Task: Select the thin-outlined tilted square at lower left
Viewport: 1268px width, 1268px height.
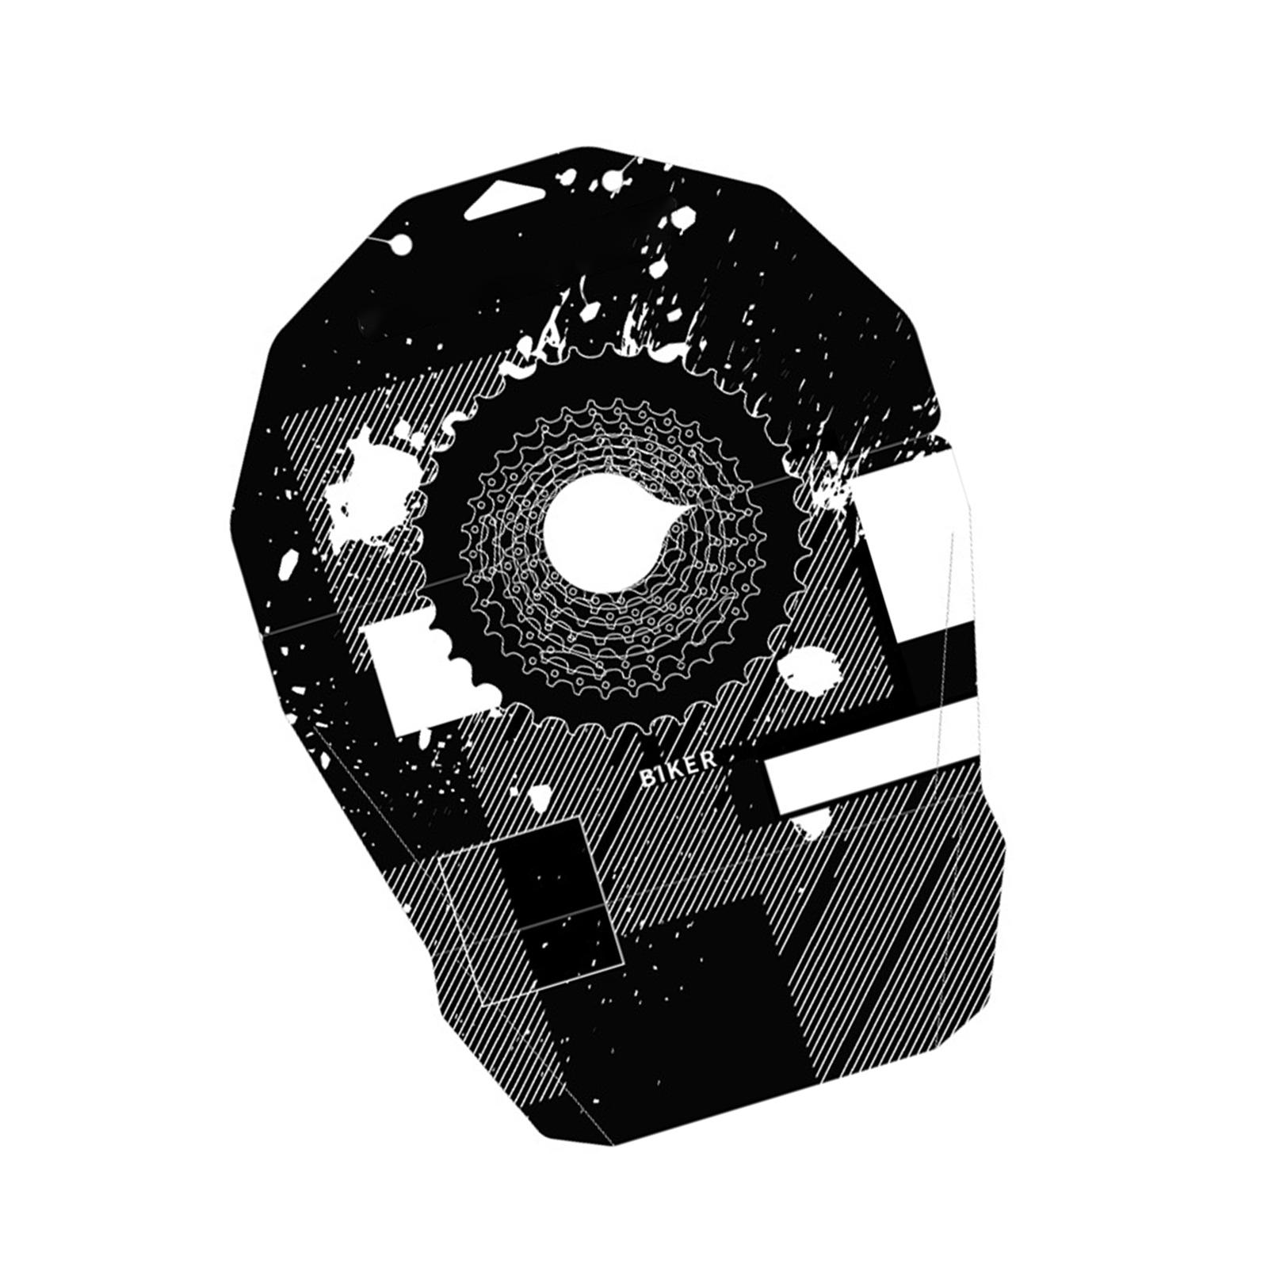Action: [529, 911]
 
